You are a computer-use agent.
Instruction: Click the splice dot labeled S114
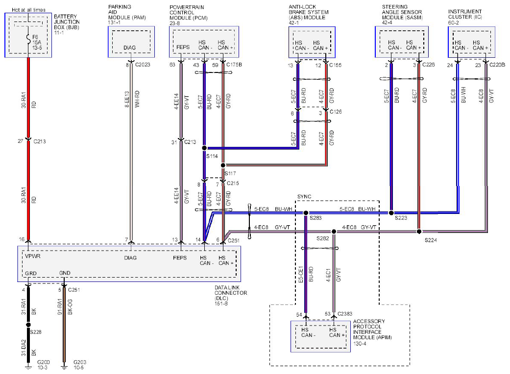pyautogui.click(x=204, y=148)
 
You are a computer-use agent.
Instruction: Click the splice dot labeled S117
pyautogui.click(x=223, y=165)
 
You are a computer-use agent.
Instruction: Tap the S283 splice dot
pyautogui.click(x=306, y=213)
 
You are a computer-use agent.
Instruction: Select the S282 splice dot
pyautogui.click(x=334, y=232)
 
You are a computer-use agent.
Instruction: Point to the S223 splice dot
pyautogui.click(x=391, y=213)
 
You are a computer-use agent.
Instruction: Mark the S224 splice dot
pyautogui.click(x=419, y=232)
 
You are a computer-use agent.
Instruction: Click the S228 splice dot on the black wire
pyautogui.click(x=28, y=325)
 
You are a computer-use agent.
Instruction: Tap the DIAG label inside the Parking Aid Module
pyautogui.click(x=129, y=48)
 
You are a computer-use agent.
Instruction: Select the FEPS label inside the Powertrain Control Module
pyautogui.click(x=183, y=47)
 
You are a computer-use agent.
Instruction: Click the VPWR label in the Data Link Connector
pyautogui.click(x=32, y=256)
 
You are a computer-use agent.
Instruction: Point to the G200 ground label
pyautogui.click(x=44, y=362)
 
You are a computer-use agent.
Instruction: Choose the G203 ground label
pyautogui.click(x=80, y=362)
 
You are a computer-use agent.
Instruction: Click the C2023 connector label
pyautogui.click(x=143, y=65)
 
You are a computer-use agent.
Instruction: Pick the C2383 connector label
pyautogui.click(x=345, y=314)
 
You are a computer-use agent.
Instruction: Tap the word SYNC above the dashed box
pyautogui.click(x=304, y=197)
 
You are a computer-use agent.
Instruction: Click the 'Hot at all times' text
pyautogui.click(x=28, y=10)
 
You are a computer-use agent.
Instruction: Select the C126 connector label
pyautogui.click(x=336, y=112)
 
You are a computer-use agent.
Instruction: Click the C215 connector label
pyautogui.click(x=233, y=183)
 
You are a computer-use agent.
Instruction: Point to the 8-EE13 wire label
pyautogui.click(x=127, y=99)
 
